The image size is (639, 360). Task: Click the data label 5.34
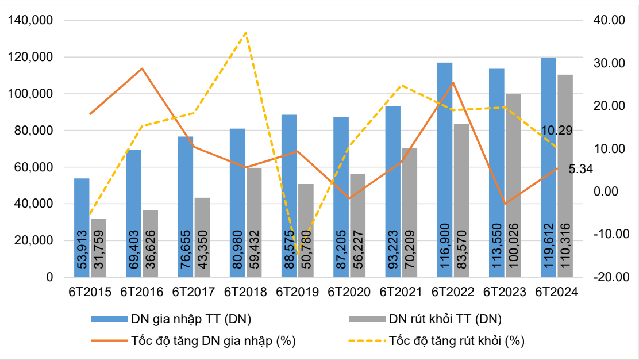[580, 169]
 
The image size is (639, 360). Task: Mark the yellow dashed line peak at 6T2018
[246, 32]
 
